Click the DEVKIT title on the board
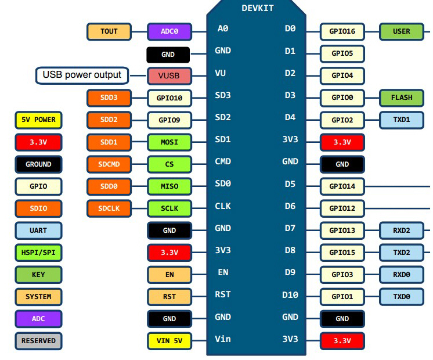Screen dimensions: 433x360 pos(258,8)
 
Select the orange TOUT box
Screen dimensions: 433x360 pos(109,31)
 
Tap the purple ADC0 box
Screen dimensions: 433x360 pos(169,31)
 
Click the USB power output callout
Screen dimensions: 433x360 pos(82,75)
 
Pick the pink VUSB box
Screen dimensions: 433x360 pos(169,75)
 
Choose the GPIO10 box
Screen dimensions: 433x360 pos(169,98)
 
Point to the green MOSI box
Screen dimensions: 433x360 pos(169,142)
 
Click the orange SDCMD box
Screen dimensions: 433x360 pos(109,164)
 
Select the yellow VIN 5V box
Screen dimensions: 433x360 pos(169,341)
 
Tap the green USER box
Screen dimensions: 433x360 pos(402,31)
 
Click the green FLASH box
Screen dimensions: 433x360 pos(402,98)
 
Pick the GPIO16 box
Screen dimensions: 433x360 pos(342,31)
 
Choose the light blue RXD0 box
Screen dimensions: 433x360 pos(402,275)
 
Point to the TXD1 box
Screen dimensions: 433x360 pos(402,120)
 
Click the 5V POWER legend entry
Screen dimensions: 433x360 pos(38,120)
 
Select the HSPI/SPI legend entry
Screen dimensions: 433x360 pos(38,253)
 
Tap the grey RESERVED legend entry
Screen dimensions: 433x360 pos(38,341)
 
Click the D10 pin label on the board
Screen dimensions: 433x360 pos(290,295)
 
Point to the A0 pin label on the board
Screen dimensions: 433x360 pos(223,28)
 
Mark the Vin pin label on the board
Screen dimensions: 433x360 pos(223,339)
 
